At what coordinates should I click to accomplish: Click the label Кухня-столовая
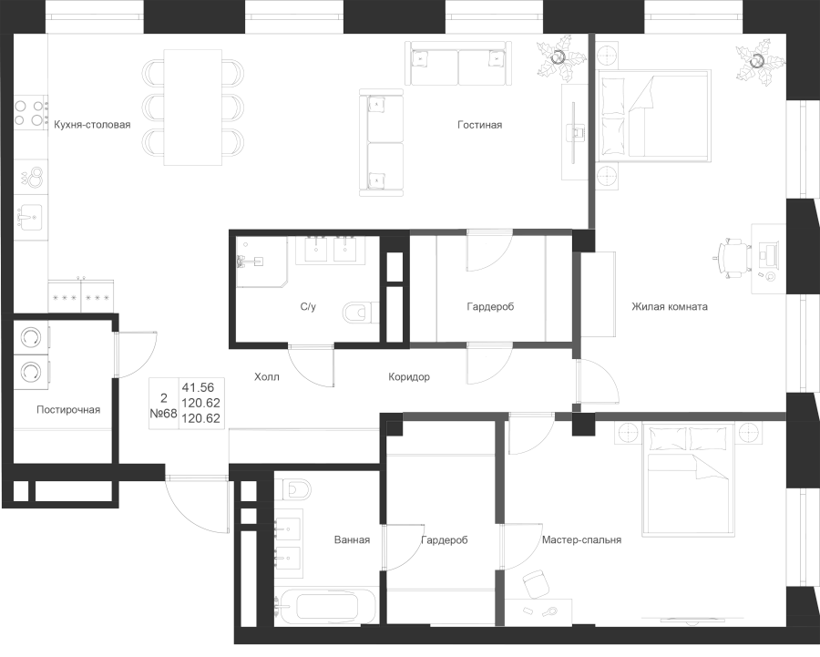pos(92,125)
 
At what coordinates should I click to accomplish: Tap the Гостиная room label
pos(480,125)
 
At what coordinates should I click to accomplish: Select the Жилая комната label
pos(669,307)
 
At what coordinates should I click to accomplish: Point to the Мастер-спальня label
pos(581,540)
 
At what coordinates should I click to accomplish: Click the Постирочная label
pos(68,410)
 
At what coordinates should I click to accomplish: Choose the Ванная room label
pos(352,540)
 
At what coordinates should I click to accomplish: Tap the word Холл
pos(267,376)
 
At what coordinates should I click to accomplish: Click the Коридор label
pos(408,376)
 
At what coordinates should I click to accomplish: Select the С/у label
pos(308,307)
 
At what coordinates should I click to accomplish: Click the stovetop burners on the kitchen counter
pos(30,112)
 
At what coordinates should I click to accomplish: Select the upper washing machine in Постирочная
pos(31,337)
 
